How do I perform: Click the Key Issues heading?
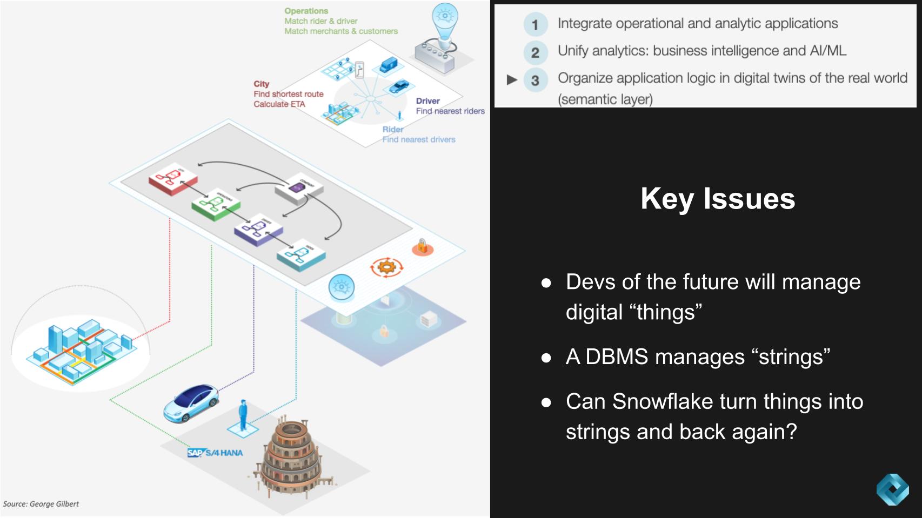pyautogui.click(x=717, y=199)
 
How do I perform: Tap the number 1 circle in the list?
pyautogui.click(x=535, y=25)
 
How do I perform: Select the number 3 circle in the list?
pyautogui.click(x=535, y=80)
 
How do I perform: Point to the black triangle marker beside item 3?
pyautogui.click(x=512, y=80)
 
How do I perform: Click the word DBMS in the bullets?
pyautogui.click(x=616, y=357)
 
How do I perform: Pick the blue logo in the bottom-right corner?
pyautogui.click(x=892, y=489)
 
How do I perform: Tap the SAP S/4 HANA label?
pyautogui.click(x=215, y=453)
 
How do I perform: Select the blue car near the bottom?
pyautogui.click(x=191, y=403)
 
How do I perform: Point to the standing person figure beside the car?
pyautogui.click(x=243, y=415)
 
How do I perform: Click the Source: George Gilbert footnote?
pyautogui.click(x=41, y=504)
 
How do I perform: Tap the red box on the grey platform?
pyautogui.click(x=172, y=179)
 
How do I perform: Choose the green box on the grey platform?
pyautogui.click(x=215, y=205)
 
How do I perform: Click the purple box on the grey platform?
pyautogui.click(x=258, y=231)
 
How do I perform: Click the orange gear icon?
pyautogui.click(x=386, y=267)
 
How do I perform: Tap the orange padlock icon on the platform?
pyautogui.click(x=422, y=247)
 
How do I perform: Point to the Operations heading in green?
pyautogui.click(x=306, y=11)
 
